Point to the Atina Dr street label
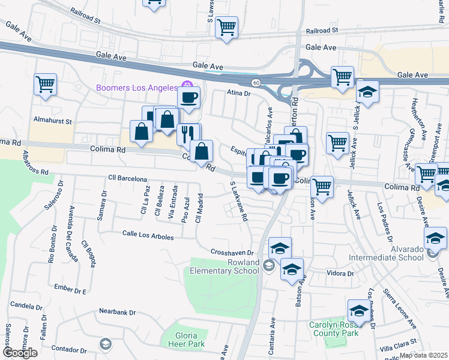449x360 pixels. pos(238,93)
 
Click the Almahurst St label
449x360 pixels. pos(53,121)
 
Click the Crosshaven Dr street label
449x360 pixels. pos(234,252)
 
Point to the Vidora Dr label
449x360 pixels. pos(340,273)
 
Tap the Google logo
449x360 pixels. pos(20,353)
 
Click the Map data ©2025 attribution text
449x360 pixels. pos(423,355)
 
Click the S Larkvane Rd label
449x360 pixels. pos(238,202)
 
